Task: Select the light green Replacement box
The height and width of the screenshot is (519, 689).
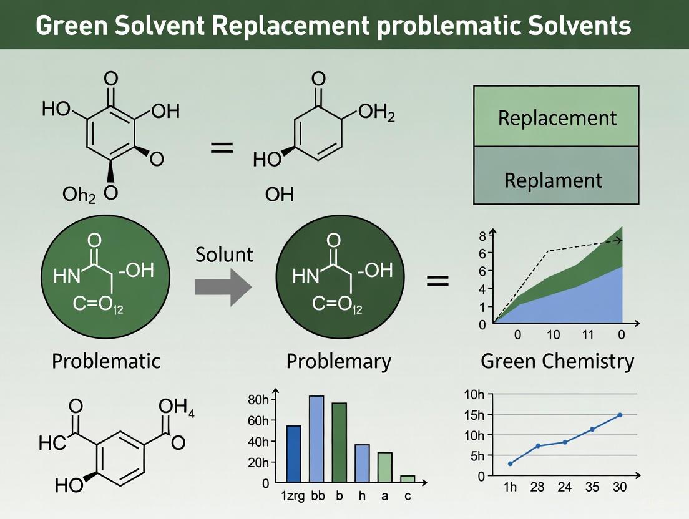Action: click(x=556, y=117)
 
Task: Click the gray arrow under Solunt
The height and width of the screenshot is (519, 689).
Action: click(x=222, y=286)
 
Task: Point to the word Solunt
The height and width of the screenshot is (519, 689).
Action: click(x=224, y=254)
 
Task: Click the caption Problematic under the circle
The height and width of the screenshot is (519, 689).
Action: click(x=105, y=360)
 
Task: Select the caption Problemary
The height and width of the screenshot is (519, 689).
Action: click(x=338, y=360)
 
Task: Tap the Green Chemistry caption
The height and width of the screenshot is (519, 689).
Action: click(x=557, y=360)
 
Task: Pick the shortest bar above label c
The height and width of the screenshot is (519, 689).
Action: click(x=408, y=478)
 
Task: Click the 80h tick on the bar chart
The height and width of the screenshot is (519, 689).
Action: click(x=258, y=399)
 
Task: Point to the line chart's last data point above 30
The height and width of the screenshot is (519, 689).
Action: click(x=620, y=415)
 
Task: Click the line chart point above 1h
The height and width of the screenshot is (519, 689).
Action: click(x=511, y=463)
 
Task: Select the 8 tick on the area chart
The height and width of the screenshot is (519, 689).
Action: click(x=482, y=236)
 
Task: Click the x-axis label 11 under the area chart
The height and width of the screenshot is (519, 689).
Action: click(x=587, y=334)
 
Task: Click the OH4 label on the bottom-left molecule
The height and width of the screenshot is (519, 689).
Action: click(x=177, y=409)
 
